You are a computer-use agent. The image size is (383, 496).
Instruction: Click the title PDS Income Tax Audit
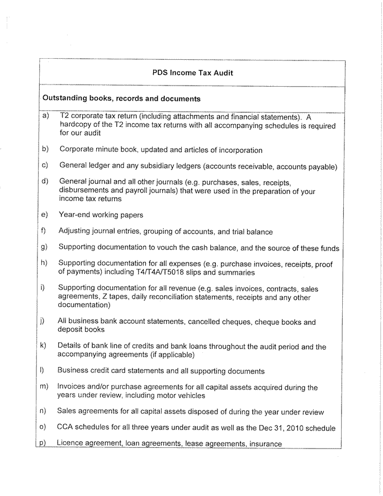pyautogui.click(x=192, y=73)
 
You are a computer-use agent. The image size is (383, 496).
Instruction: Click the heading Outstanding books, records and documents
pyautogui.click(x=121, y=99)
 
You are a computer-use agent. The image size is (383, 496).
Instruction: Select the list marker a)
pyautogui.click(x=45, y=116)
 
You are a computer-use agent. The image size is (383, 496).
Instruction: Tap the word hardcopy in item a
pyautogui.click(x=75, y=126)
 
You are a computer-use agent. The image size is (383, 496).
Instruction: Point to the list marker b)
pyautogui.click(x=45, y=149)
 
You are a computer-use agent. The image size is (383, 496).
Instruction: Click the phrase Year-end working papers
pyautogui.click(x=101, y=215)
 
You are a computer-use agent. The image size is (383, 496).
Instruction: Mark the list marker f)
pyautogui.click(x=44, y=230)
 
